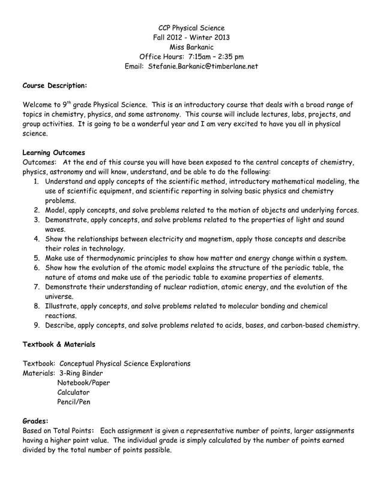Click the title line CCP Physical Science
[x=191, y=28]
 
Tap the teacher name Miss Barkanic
[x=191, y=47]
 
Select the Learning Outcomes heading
[x=53, y=152]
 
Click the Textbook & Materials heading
[x=58, y=345]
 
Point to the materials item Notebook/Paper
[x=83, y=383]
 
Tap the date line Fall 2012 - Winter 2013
[x=191, y=38]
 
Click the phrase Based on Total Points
[x=57, y=431]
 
